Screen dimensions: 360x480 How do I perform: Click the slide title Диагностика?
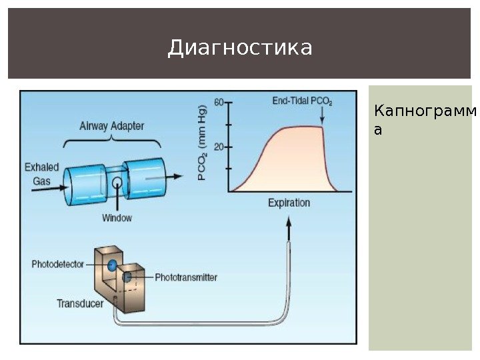point(240,48)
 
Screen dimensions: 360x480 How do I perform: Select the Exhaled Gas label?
point(41,173)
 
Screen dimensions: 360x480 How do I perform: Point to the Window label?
point(117,217)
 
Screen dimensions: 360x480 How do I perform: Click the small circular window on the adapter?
point(117,182)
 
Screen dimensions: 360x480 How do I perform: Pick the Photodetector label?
point(58,264)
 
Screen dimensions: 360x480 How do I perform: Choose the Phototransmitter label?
point(186,277)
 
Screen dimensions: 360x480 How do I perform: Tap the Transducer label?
point(80,303)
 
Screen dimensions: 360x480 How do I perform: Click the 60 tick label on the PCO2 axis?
point(218,102)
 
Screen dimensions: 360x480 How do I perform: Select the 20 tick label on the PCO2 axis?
point(218,146)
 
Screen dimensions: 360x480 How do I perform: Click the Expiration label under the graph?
point(289,202)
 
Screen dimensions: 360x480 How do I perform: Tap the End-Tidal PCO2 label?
point(303,101)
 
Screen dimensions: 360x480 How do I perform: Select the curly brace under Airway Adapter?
point(113,142)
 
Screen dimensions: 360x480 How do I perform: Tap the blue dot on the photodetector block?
point(113,265)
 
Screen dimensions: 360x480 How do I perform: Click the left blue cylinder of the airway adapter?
point(83,185)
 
